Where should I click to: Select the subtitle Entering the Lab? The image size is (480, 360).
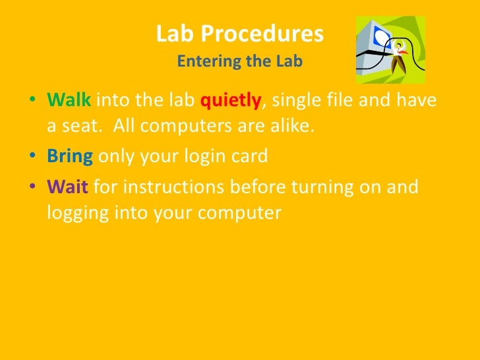click(x=240, y=62)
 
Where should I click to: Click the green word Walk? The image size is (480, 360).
click(x=70, y=101)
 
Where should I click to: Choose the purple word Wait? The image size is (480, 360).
click(x=68, y=187)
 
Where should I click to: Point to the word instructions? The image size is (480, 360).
click(x=176, y=187)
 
